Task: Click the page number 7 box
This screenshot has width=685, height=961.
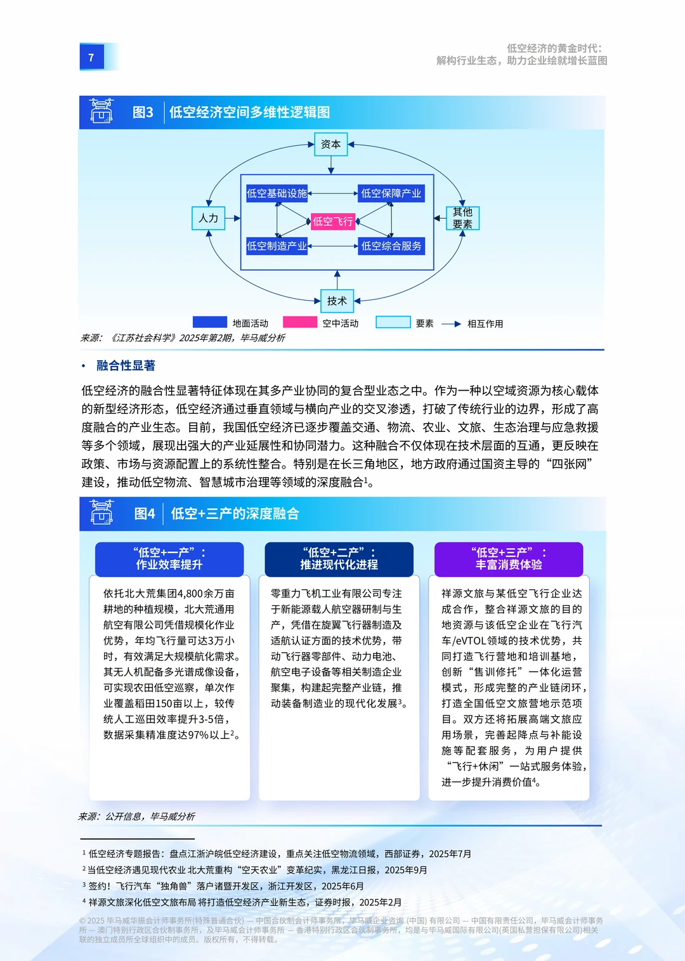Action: click(91, 57)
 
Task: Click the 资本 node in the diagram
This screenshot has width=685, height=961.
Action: click(330, 145)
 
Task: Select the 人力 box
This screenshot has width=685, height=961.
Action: click(208, 218)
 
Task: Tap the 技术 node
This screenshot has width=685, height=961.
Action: click(337, 301)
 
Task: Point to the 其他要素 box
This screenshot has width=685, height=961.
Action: click(462, 218)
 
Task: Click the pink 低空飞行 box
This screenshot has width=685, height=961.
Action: click(332, 221)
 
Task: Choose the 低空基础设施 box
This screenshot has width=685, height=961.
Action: click(277, 193)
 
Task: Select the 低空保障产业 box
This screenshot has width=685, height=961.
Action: click(391, 193)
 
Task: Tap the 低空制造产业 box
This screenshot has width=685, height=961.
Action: click(277, 246)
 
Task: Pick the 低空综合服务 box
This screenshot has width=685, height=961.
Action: click(391, 246)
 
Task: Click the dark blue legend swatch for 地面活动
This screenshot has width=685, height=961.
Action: click(209, 322)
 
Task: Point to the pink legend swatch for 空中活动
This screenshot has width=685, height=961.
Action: click(299, 322)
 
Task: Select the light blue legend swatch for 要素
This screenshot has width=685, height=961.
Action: click(393, 322)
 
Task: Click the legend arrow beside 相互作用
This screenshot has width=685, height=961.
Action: click(451, 324)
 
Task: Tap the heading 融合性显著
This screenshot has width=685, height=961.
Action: click(126, 365)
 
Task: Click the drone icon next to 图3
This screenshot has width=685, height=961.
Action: click(101, 111)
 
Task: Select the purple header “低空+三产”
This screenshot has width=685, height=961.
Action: click(509, 559)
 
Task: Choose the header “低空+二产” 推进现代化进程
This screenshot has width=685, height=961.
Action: click(339, 559)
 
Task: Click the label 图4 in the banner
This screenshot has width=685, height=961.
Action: click(145, 514)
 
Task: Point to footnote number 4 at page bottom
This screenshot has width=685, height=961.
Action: click(84, 901)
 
